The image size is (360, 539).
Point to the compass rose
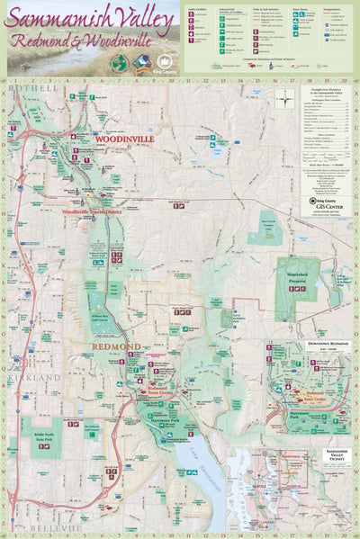pos(284,97)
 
